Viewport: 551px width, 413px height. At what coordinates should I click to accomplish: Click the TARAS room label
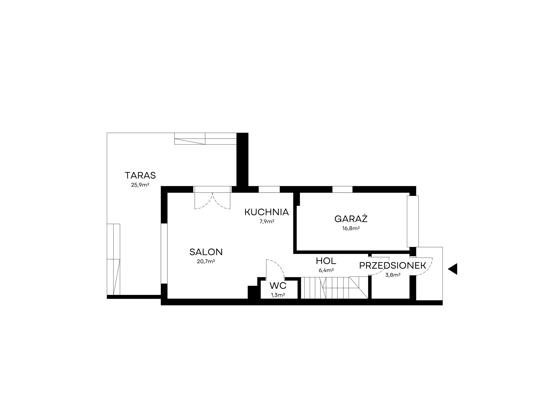coord(140,175)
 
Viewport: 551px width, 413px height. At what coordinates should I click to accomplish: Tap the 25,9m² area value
coord(140,185)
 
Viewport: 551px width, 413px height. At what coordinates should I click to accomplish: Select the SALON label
coord(206,252)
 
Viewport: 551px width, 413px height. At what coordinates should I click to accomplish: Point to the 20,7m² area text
coord(206,262)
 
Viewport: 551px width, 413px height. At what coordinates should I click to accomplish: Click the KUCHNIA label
coord(267,212)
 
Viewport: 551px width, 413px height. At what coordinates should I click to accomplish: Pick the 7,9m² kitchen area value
coord(267,222)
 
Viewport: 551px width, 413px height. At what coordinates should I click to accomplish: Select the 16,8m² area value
coord(351,229)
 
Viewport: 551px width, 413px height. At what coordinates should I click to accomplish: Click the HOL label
coord(326,261)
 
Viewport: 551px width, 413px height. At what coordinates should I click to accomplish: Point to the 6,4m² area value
coord(326,270)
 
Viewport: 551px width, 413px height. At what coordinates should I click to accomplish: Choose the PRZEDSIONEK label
coord(393,265)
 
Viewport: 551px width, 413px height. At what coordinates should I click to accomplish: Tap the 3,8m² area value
coord(393,275)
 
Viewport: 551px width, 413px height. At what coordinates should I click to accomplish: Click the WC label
coord(278,286)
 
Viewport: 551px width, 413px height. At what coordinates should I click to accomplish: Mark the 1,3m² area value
coord(278,295)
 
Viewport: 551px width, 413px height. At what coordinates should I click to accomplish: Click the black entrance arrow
coord(453,269)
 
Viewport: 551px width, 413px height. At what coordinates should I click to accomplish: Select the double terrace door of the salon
coord(212,197)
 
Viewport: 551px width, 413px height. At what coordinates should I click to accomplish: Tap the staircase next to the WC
coord(334,288)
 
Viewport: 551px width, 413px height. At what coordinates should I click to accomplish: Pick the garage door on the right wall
coord(413,221)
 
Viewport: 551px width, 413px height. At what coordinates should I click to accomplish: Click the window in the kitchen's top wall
coord(269,189)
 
